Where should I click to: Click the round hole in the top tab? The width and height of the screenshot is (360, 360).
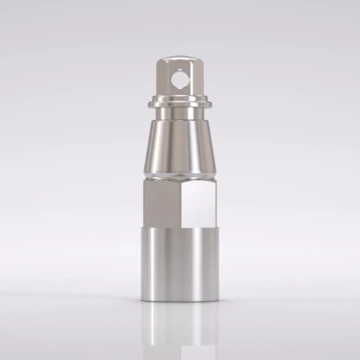coord(180,80)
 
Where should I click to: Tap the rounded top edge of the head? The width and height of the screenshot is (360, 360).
coord(180,57)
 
